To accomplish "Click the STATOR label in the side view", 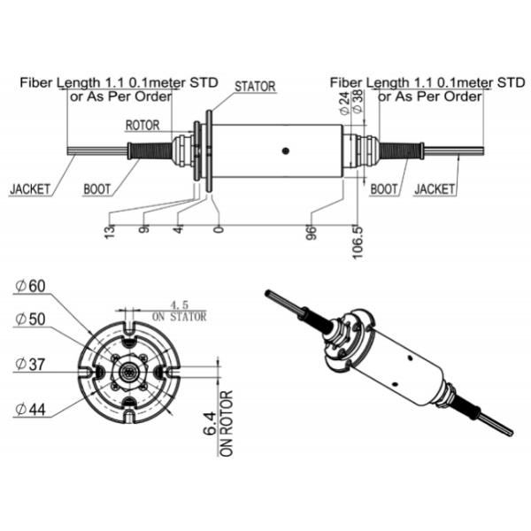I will pos(255,87).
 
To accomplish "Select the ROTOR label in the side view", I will pos(143,125).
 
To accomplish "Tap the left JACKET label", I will pos(31,189).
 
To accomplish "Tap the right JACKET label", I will pos(435,189).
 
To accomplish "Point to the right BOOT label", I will pos(384,189).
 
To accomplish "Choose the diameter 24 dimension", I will pos(344,106).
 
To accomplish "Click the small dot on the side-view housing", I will pos(284,150).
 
